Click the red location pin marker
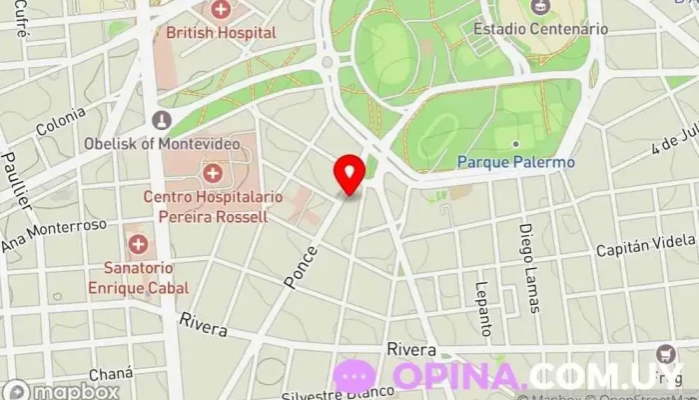point(349,174)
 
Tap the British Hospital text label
point(221,33)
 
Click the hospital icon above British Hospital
point(221,10)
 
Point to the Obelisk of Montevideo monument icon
point(161,121)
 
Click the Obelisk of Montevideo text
point(165,143)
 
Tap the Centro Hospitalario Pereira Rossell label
point(206,207)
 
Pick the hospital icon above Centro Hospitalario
point(212,173)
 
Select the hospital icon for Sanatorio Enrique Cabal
point(137,244)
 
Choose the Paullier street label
point(16,179)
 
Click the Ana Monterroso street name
point(53,235)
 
